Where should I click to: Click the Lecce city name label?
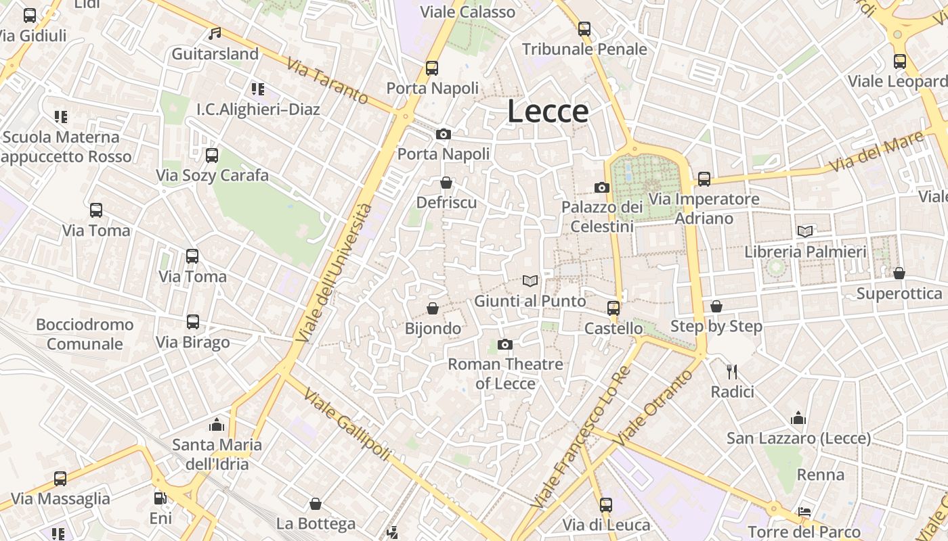click(x=548, y=112)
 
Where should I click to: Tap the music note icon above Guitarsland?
click(x=215, y=33)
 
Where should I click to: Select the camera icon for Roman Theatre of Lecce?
click(x=504, y=345)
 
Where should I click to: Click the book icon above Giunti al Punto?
click(x=530, y=281)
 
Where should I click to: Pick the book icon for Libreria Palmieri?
click(x=805, y=231)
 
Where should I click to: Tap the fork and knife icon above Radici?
click(x=732, y=371)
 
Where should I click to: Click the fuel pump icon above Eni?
click(x=160, y=498)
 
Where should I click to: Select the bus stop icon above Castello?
click(x=613, y=308)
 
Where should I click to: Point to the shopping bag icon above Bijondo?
click(x=433, y=308)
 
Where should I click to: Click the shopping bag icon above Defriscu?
click(x=446, y=183)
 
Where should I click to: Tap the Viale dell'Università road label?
click(x=335, y=272)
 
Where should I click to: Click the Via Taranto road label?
click(x=327, y=81)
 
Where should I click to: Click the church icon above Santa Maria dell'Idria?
click(x=217, y=425)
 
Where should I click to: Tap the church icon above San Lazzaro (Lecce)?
click(x=798, y=418)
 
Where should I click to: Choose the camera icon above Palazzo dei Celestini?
click(x=601, y=187)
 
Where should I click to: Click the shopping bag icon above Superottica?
click(x=899, y=273)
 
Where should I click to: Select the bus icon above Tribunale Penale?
click(x=584, y=29)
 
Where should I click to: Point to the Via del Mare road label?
click(x=876, y=151)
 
